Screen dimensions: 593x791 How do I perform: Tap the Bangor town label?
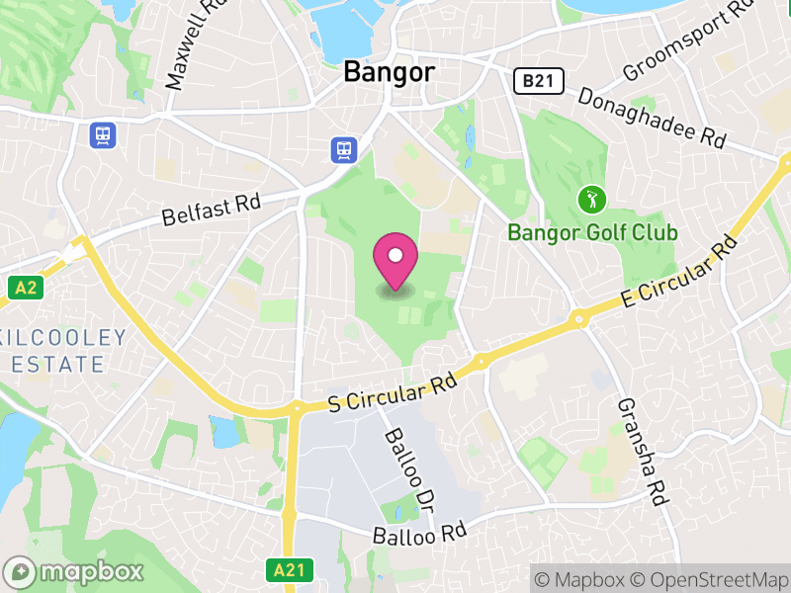click(389, 72)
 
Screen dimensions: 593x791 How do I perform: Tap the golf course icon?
click(591, 200)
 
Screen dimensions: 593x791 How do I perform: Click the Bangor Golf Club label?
click(592, 233)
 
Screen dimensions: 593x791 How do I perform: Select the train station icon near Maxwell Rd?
click(102, 134)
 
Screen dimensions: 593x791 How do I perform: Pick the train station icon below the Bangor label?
click(343, 149)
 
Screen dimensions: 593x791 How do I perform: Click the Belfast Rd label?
click(213, 209)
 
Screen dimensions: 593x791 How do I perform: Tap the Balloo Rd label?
click(419, 535)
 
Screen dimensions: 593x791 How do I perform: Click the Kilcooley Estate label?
click(63, 350)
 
